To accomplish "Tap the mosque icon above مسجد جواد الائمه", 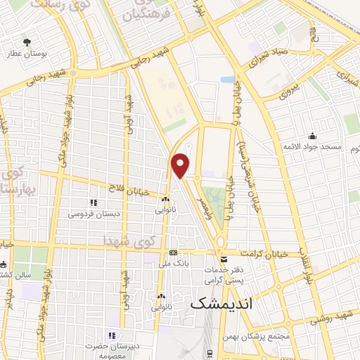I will (312, 136).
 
